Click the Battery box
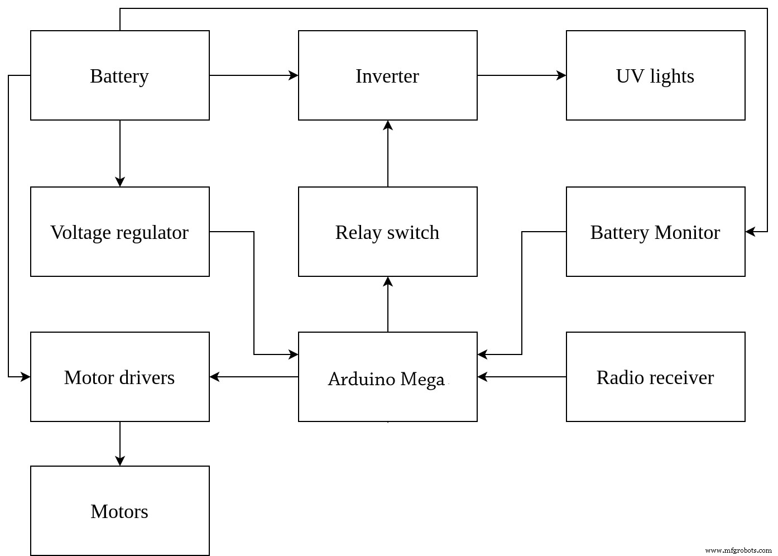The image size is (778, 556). pyautogui.click(x=119, y=75)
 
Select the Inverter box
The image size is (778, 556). pyautogui.click(x=387, y=75)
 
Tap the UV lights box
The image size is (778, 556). pyautogui.click(x=655, y=75)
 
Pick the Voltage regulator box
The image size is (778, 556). pyautogui.click(x=119, y=232)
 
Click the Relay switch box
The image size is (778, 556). pyautogui.click(x=387, y=232)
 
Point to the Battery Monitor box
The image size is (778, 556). pyautogui.click(x=655, y=232)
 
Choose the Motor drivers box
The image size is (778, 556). pyautogui.click(x=119, y=377)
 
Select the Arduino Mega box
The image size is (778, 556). pyautogui.click(x=387, y=377)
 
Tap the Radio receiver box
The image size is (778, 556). pyautogui.click(x=655, y=377)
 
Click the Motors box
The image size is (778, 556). pyautogui.click(x=119, y=511)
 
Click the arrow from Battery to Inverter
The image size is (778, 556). pyautogui.click(x=254, y=75)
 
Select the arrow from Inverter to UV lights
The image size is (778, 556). pyautogui.click(x=522, y=75)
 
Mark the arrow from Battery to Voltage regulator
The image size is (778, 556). pyautogui.click(x=119, y=154)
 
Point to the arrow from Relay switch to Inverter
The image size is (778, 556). pyautogui.click(x=388, y=154)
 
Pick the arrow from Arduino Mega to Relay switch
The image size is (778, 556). pyautogui.click(x=388, y=304)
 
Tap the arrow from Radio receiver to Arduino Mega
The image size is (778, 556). pyautogui.click(x=522, y=377)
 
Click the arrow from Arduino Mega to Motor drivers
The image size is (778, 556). pyautogui.click(x=254, y=377)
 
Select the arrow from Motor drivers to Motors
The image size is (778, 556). pyautogui.click(x=119, y=444)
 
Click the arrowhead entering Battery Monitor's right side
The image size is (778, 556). pyautogui.click(x=751, y=231)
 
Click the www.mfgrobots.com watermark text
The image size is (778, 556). pyautogui.click(x=738, y=550)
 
